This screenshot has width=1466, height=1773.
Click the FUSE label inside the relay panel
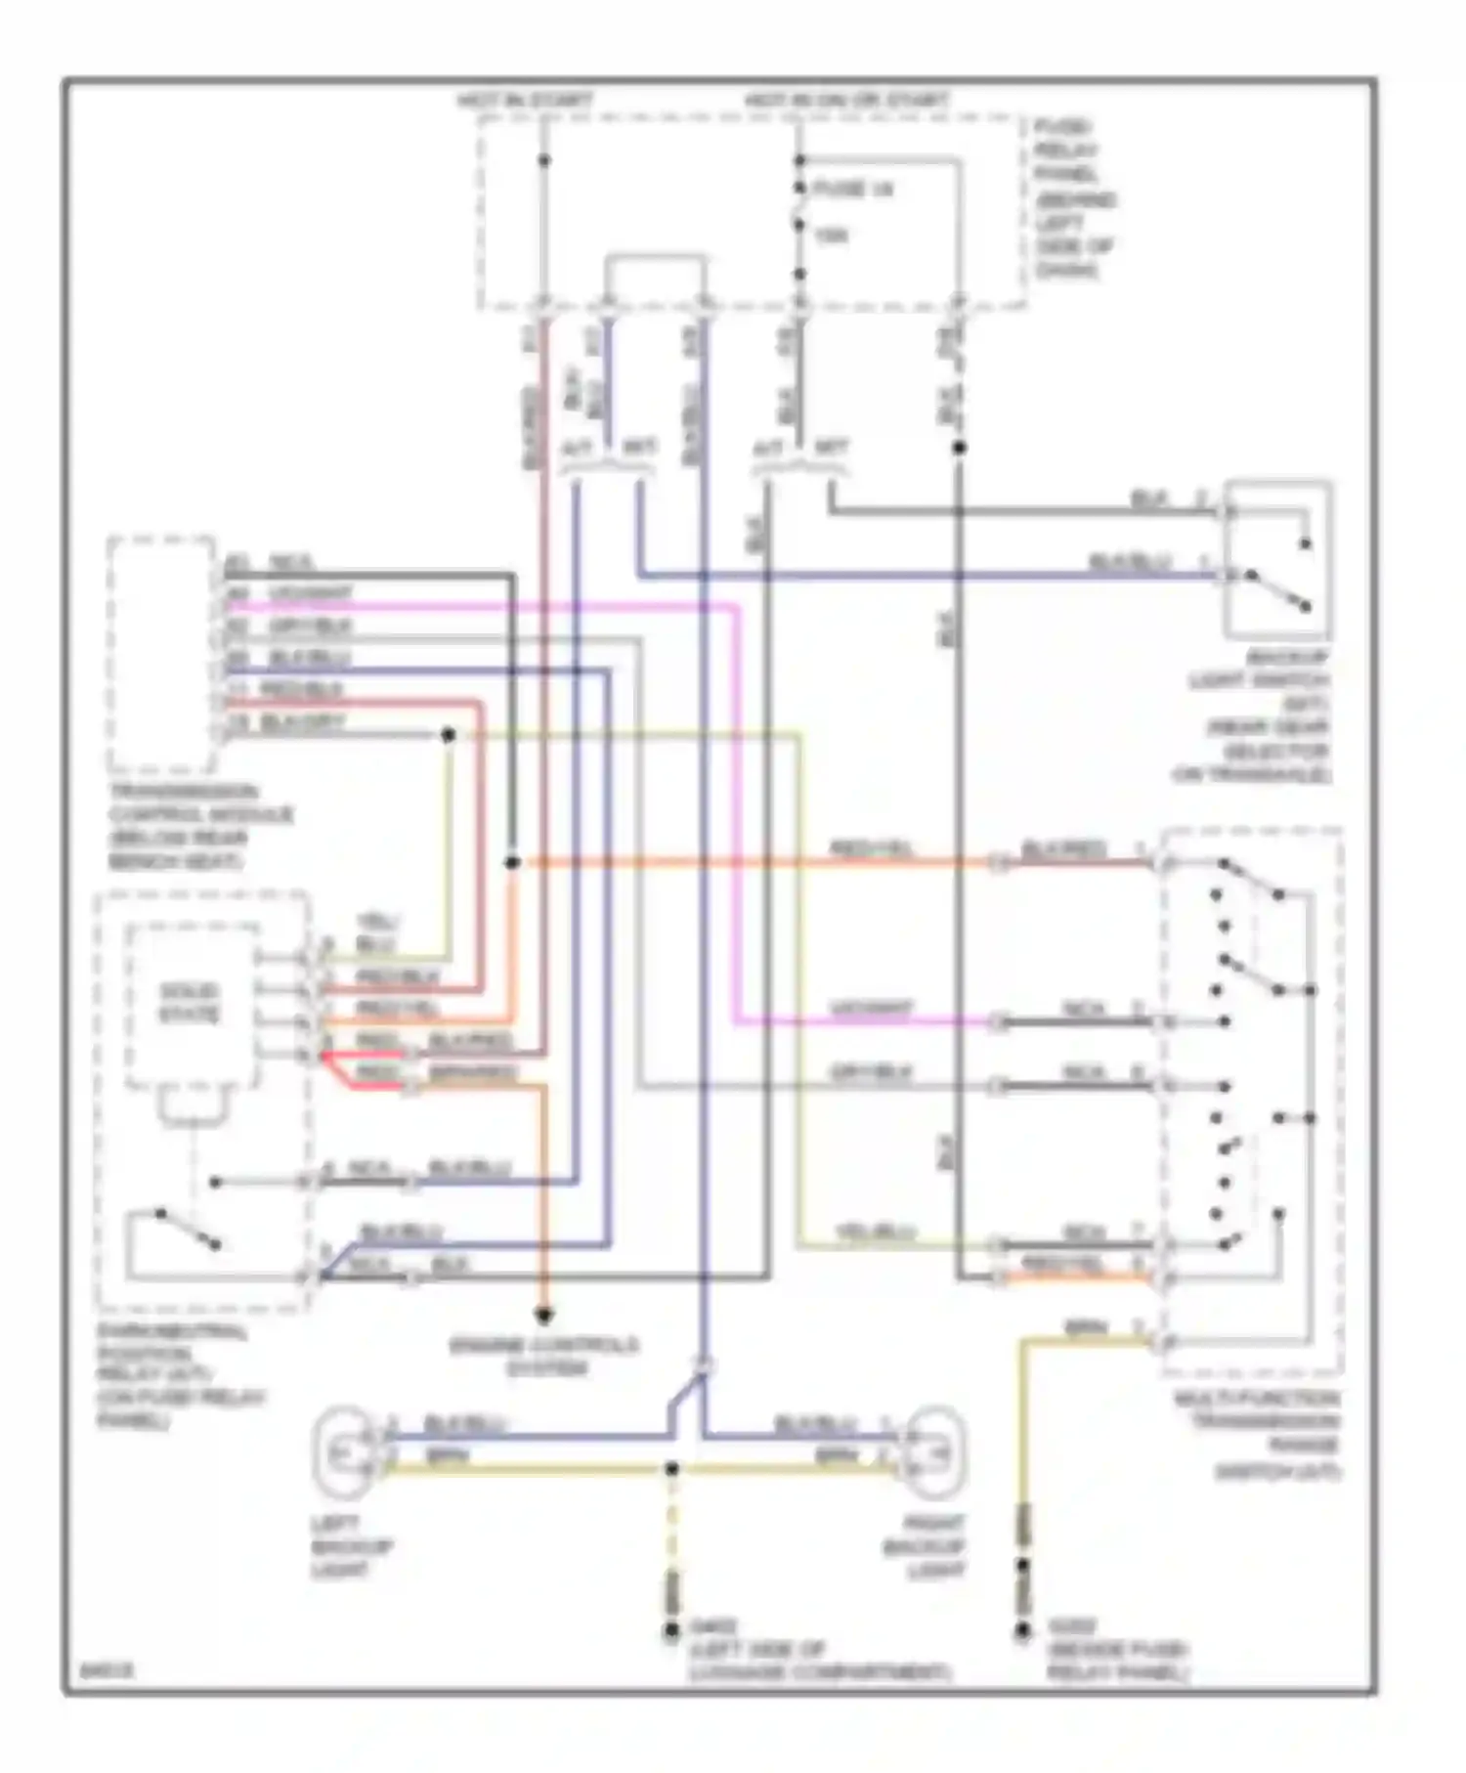point(852,189)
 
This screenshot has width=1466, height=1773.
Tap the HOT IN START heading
point(525,101)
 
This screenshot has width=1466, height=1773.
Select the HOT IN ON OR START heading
point(846,101)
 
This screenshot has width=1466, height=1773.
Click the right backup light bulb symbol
point(938,1453)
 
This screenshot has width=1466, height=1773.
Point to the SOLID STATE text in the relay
point(189,1003)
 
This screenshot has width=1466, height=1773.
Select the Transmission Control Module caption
point(199,826)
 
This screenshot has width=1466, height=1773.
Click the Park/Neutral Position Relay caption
point(181,1376)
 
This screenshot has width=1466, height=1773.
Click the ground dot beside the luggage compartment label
point(671,1629)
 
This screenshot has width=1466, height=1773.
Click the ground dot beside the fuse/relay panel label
point(1023,1629)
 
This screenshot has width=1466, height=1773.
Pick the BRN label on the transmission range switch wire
point(1085,1328)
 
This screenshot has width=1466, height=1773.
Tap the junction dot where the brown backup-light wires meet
point(671,1469)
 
